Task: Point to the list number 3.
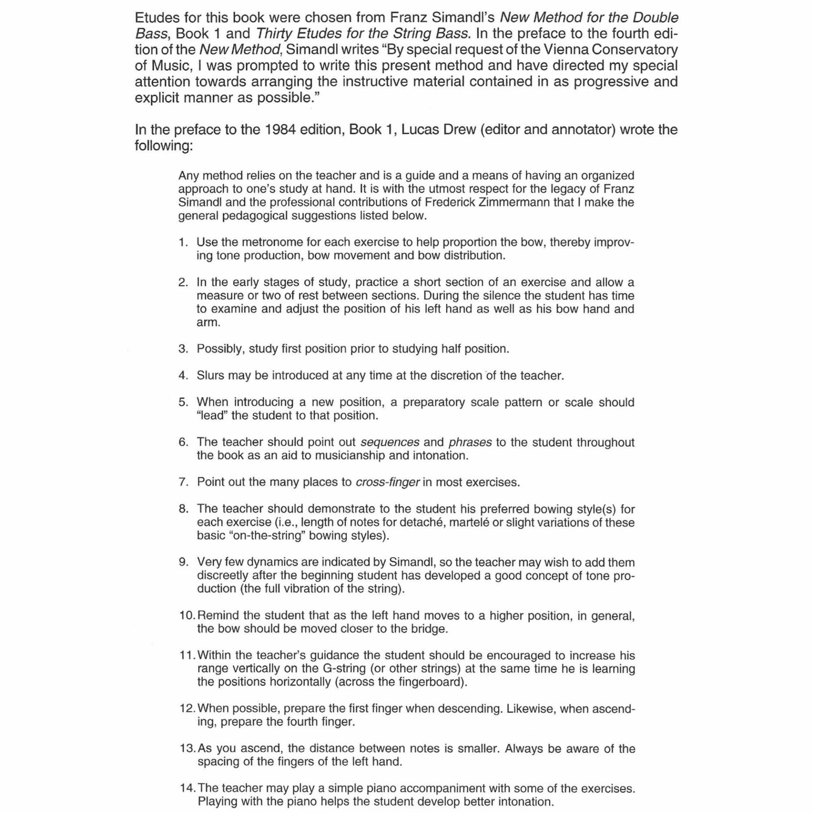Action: click(183, 349)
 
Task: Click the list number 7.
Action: click(183, 482)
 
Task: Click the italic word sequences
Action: click(390, 442)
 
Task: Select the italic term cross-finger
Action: click(387, 482)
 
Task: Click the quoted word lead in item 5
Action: click(212, 415)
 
